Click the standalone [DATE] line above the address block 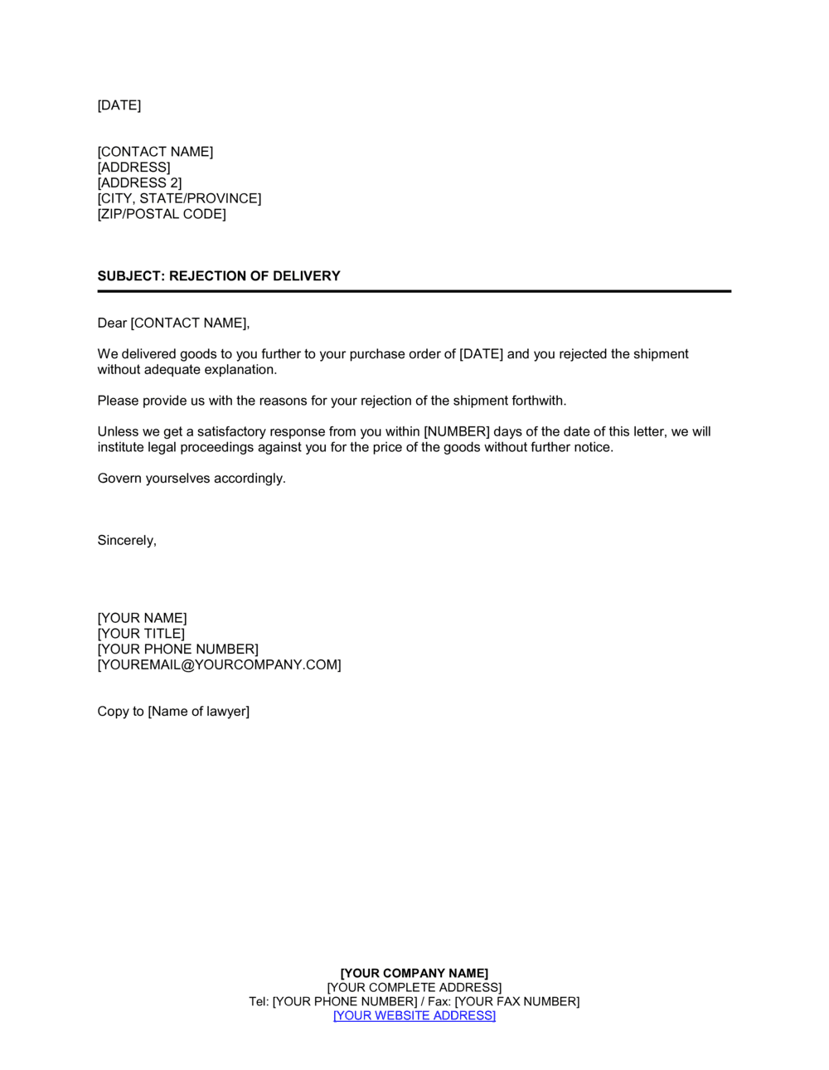tap(119, 105)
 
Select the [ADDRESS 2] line tap(139, 183)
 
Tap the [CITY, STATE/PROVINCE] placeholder tap(179, 199)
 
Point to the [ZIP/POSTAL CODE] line tap(162, 214)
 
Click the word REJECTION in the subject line tap(207, 276)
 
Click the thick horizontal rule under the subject tap(414, 291)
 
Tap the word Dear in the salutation tap(112, 323)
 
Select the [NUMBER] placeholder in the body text tap(457, 432)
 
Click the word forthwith tap(539, 401)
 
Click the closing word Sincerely tap(126, 541)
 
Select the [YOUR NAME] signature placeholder tap(142, 619)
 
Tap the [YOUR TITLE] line tap(141, 635)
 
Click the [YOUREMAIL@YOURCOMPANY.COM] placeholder tap(219, 665)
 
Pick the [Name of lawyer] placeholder tap(198, 712)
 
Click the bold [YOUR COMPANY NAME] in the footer tap(414, 974)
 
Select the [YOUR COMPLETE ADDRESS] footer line tap(414, 988)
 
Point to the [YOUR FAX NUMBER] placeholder tap(517, 1002)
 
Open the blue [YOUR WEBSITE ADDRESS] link tap(414, 1016)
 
